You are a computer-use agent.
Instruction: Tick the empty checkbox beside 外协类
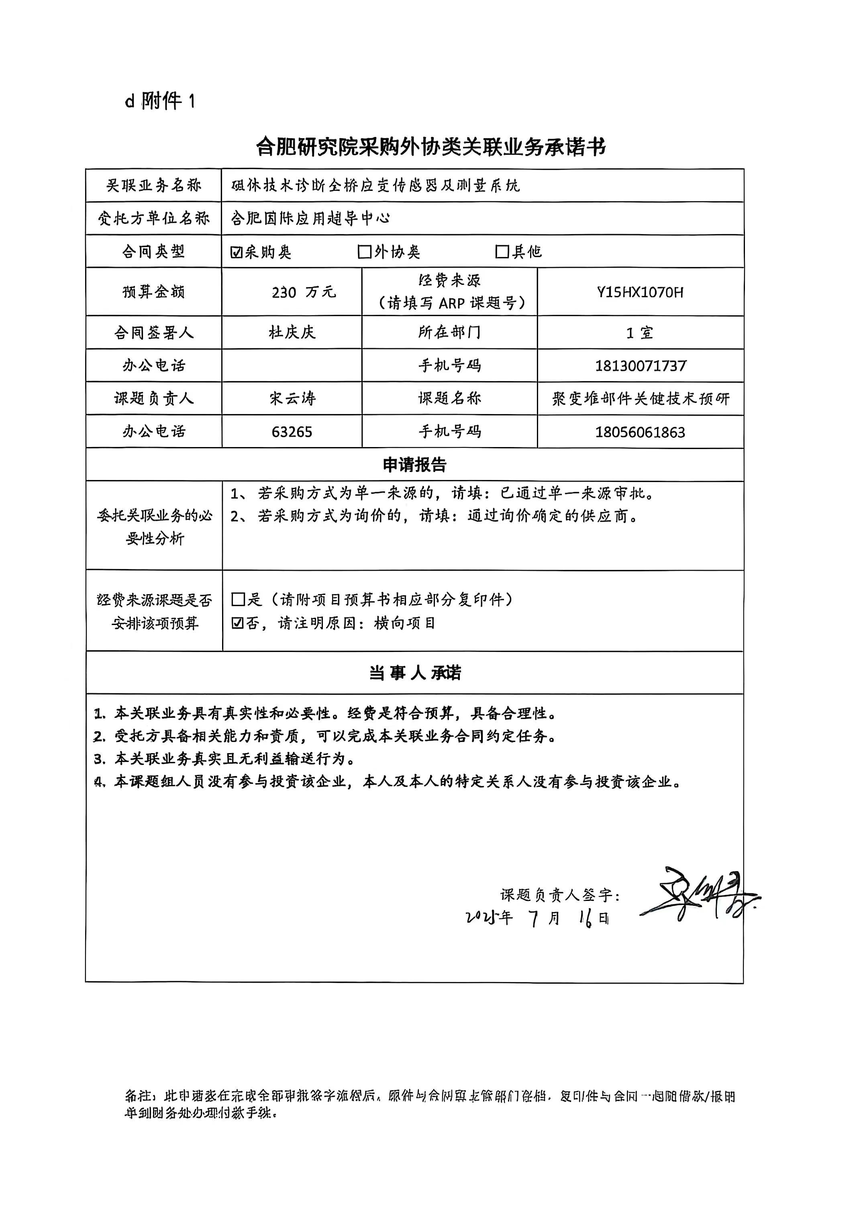click(364, 252)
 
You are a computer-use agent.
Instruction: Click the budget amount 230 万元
click(303, 292)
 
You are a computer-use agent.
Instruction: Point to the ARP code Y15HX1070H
click(640, 292)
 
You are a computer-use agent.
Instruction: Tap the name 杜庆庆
click(292, 333)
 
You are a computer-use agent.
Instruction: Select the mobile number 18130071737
click(641, 366)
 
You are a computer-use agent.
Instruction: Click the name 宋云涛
click(292, 398)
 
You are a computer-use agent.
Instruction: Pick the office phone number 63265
click(292, 431)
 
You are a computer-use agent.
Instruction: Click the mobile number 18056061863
click(640, 432)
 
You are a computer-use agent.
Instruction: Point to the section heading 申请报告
click(415, 465)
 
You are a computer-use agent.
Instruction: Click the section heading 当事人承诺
click(415, 673)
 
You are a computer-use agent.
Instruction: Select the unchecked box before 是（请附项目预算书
click(238, 600)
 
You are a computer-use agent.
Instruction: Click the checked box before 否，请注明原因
click(238, 623)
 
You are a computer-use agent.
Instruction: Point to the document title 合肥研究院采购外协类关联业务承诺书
click(431, 147)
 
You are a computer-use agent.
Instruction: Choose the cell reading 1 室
click(640, 333)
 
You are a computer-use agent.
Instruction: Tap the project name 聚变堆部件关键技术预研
click(641, 398)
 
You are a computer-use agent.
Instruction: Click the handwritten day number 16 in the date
click(586, 918)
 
